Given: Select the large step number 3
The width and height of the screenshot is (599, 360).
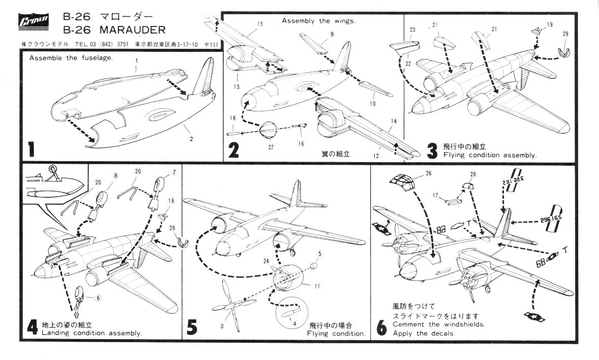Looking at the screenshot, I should point(432,151).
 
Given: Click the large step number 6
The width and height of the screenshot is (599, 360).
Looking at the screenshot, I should point(381,328).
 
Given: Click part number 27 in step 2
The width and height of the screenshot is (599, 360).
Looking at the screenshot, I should point(270,147).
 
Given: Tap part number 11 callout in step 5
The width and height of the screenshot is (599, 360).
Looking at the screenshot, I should point(317,286).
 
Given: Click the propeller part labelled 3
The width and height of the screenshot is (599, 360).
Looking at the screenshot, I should point(228,304).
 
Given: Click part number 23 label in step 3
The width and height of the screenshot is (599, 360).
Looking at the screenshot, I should point(413,29).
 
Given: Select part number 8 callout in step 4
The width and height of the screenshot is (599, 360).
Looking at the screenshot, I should point(116,175).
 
